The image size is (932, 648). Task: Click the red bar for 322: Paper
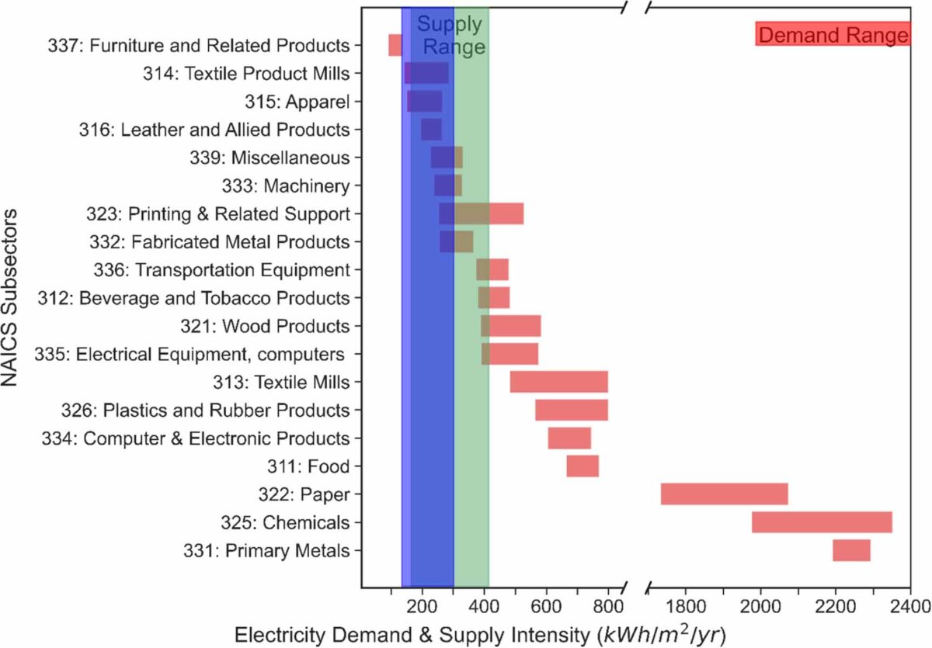pos(724,494)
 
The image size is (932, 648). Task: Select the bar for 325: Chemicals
pos(822,522)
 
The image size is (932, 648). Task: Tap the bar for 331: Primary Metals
pos(851,550)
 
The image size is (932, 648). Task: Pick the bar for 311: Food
pos(582,466)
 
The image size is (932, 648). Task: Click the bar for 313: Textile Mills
pos(558,382)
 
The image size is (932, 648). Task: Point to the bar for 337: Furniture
pos(395,45)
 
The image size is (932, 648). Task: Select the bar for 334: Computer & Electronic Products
pos(569,438)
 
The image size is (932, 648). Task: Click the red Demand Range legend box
pos(833,34)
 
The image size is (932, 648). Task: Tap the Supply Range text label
pos(450,36)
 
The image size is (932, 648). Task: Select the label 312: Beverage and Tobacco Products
pos(194,298)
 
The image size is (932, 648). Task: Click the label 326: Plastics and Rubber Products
pos(205,410)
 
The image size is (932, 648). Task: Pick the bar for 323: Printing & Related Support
pos(481,213)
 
